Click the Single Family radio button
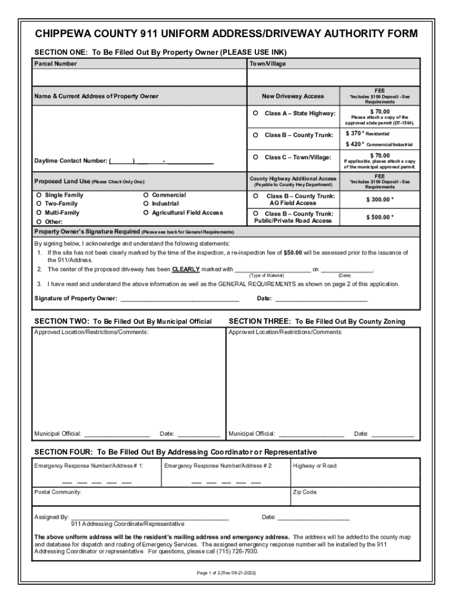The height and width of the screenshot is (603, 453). pyautogui.click(x=38, y=195)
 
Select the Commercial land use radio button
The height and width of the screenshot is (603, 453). pyautogui.click(x=146, y=195)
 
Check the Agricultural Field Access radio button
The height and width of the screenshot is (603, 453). pyautogui.click(x=146, y=213)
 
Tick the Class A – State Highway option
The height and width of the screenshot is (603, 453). pyautogui.click(x=256, y=113)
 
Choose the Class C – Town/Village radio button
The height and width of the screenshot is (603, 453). pyautogui.click(x=256, y=157)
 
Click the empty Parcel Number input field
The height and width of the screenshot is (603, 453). pyautogui.click(x=139, y=77)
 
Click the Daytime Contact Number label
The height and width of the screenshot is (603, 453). pyautogui.click(x=71, y=161)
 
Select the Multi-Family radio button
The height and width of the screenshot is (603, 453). pyautogui.click(x=38, y=213)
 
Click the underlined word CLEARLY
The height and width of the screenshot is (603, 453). pyautogui.click(x=185, y=270)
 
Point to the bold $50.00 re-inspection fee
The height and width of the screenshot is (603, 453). pyautogui.click(x=293, y=253)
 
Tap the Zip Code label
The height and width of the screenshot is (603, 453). pyautogui.click(x=305, y=492)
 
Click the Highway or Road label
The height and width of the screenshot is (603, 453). pyautogui.click(x=315, y=466)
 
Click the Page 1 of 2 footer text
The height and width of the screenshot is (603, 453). pyautogui.click(x=226, y=572)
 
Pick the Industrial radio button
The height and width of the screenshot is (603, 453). pyautogui.click(x=146, y=204)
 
